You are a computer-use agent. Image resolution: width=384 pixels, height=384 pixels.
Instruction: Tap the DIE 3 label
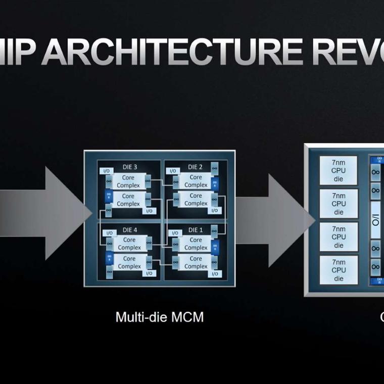(x=128, y=167)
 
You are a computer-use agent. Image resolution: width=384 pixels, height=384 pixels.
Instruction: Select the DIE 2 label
(x=195, y=167)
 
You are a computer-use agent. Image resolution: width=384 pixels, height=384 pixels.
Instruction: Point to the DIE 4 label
(x=128, y=230)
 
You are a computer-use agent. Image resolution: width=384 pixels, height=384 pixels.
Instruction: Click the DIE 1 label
(x=195, y=230)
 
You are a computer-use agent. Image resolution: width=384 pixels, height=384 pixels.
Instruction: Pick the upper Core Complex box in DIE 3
(x=128, y=181)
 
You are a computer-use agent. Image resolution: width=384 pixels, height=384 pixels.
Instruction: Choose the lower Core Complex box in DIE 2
(x=196, y=200)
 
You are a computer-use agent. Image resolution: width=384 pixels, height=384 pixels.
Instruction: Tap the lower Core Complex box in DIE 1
(x=196, y=262)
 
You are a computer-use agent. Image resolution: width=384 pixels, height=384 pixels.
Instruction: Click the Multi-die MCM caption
(x=160, y=317)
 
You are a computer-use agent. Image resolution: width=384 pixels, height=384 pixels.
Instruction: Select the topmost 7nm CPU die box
(x=339, y=170)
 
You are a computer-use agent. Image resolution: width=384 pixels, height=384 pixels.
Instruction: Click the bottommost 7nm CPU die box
(x=339, y=270)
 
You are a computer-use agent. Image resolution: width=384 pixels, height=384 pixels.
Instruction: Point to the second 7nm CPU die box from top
(x=339, y=204)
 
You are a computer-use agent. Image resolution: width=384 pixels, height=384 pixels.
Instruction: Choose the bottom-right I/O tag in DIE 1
(x=214, y=273)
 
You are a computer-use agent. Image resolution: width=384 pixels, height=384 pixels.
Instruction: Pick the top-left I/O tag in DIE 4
(x=107, y=233)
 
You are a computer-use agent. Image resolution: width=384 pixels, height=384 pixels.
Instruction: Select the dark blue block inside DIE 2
(x=215, y=182)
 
